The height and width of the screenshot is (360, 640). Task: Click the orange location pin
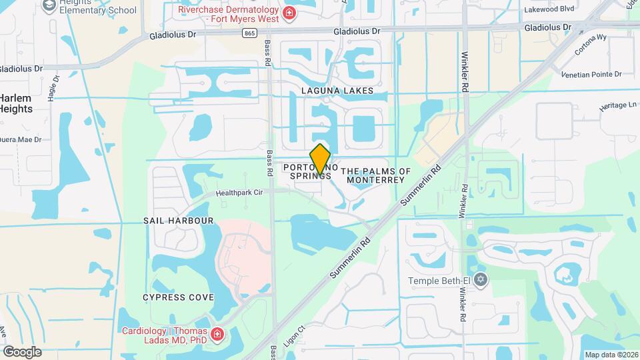point(321,159)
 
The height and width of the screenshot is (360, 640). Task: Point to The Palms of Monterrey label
point(375,176)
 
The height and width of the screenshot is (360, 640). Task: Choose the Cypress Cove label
point(178,297)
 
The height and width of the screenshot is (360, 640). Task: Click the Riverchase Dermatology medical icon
point(289,13)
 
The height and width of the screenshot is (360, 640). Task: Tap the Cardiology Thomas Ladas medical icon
point(217,334)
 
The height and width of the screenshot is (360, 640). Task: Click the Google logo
point(22,352)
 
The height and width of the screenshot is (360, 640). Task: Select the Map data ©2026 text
point(611,355)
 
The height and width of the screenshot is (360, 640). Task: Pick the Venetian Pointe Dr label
point(591,74)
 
